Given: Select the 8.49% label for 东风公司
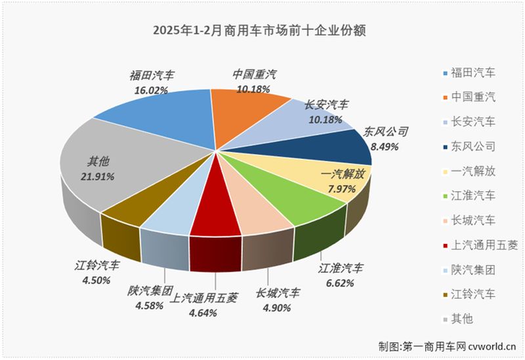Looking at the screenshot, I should coord(387,147).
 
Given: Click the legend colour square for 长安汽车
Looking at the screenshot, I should coord(446,122).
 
